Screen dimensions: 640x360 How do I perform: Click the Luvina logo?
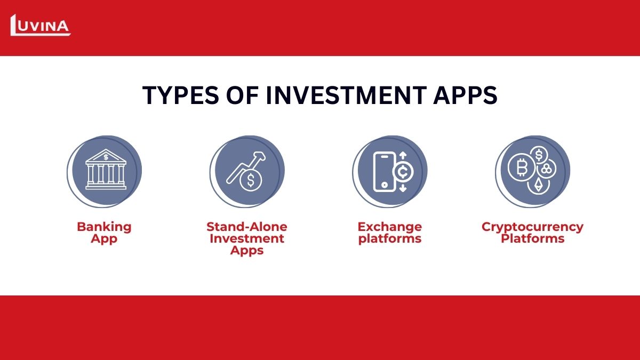41,25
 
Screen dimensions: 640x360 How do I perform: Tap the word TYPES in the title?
181,95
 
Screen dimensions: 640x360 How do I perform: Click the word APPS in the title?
466,95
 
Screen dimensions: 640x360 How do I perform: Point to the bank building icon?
106,169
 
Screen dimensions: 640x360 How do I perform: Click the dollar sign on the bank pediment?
106,157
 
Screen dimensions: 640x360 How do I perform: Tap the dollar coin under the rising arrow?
251,180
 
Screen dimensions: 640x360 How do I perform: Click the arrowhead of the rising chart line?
260,156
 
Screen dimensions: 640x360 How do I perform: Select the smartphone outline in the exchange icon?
385,172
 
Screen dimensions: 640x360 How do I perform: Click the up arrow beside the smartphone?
403,155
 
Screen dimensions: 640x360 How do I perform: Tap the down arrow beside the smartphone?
403,188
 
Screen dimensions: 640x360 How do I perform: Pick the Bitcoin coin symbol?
522,167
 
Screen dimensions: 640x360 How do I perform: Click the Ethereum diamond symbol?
539,185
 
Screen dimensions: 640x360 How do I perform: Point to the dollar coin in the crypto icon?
539,155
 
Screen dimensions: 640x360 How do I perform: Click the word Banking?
105,227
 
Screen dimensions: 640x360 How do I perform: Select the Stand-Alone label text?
247,227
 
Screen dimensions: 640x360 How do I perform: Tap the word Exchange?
390,227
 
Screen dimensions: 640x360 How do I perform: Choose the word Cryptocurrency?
533,227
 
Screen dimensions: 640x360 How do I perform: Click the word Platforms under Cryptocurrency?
533,238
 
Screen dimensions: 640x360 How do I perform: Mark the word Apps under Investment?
247,251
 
